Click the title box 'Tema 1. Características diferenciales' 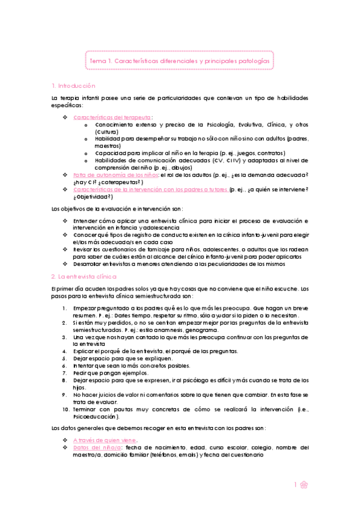point(179,61)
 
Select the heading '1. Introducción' point(74,86)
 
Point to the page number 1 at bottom point(296,485)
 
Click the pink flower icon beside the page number point(305,485)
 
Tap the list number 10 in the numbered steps point(67,409)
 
